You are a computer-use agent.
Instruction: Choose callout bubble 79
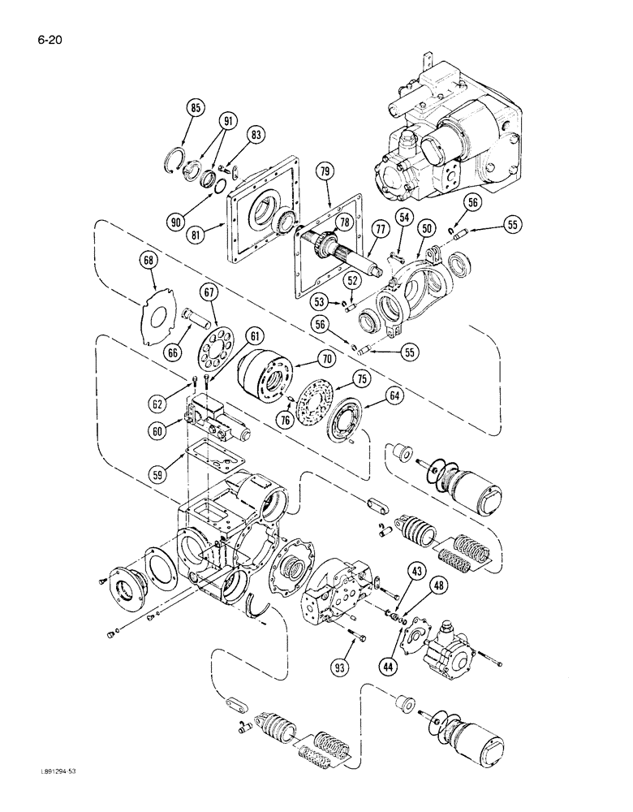[x=325, y=172]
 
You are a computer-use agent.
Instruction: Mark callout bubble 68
[x=147, y=262]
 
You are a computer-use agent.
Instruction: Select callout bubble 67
[x=210, y=292]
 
